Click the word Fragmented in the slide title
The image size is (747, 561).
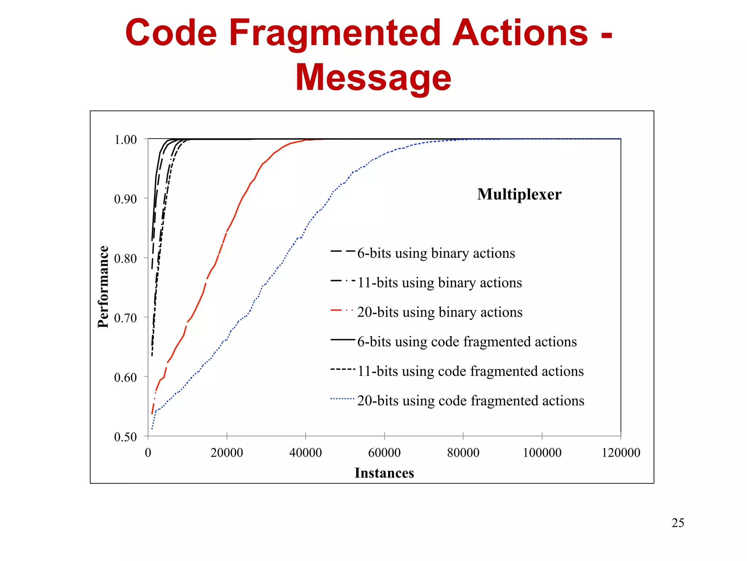tap(334, 34)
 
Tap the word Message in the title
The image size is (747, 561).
tap(373, 78)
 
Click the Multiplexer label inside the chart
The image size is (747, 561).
tap(519, 194)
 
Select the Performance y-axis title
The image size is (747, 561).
tap(103, 287)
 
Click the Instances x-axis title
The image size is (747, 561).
tap(384, 473)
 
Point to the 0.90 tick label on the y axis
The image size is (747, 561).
tap(125, 199)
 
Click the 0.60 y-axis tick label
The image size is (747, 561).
tap(125, 378)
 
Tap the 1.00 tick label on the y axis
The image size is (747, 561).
tap(125, 140)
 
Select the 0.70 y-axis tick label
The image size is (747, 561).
tap(125, 318)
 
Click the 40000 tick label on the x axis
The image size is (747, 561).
tap(305, 453)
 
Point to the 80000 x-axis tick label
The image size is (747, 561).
tap(463, 453)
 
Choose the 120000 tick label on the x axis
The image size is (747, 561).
tap(621, 453)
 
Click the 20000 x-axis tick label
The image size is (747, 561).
tap(227, 453)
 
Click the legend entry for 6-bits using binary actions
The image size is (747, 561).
tap(436, 253)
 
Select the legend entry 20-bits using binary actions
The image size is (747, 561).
tap(440, 312)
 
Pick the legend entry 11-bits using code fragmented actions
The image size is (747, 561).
tap(470, 371)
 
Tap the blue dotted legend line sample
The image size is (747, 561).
tap(342, 399)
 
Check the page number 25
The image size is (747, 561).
tap(678, 523)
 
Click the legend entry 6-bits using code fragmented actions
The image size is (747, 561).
tap(467, 342)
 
